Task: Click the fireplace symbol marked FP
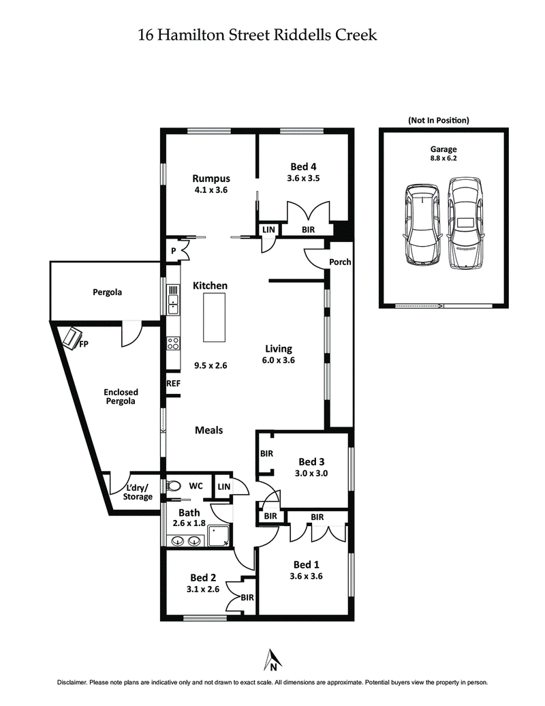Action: click(72, 337)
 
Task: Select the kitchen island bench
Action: click(215, 317)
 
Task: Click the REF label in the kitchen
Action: click(173, 384)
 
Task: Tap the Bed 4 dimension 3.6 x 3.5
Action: click(304, 179)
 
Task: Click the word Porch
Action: click(339, 262)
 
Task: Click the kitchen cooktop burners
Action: click(173, 344)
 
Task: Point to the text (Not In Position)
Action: click(439, 120)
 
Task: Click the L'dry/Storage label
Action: click(138, 493)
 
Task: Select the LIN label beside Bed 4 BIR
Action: click(268, 230)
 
